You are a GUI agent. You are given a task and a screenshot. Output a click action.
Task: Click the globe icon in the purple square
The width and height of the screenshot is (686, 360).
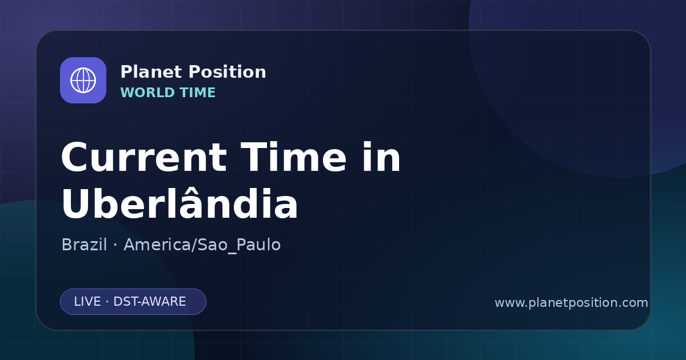point(83,80)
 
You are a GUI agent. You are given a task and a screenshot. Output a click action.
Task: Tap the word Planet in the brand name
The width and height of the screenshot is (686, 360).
point(151,71)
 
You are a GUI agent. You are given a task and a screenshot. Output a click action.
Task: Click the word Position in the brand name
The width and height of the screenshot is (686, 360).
point(228,71)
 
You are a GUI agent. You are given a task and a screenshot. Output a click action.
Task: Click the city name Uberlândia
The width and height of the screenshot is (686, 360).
point(180,202)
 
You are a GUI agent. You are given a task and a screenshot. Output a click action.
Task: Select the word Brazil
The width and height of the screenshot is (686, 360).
point(84,245)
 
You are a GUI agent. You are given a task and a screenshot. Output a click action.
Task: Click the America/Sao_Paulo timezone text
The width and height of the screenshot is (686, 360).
point(202,245)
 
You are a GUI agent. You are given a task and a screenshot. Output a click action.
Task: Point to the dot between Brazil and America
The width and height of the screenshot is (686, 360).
point(115,245)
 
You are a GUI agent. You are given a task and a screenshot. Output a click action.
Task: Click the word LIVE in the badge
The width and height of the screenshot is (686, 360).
point(87,302)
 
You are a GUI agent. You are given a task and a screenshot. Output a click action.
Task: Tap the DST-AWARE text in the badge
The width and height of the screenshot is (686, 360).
point(149,302)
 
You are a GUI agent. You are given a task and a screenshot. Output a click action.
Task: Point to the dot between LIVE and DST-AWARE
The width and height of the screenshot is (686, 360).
point(107,302)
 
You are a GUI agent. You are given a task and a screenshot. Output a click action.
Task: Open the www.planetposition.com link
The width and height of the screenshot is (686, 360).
point(571,303)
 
